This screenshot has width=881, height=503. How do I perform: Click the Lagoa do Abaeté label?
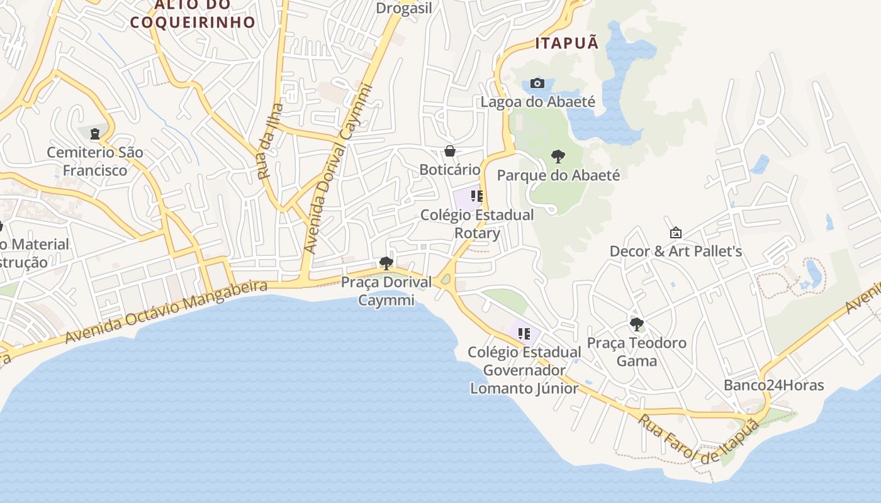click(x=537, y=101)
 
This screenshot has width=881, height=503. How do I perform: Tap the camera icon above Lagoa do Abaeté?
click(x=537, y=83)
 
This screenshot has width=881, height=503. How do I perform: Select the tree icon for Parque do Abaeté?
click(x=558, y=157)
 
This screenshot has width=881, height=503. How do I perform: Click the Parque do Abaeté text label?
click(x=558, y=175)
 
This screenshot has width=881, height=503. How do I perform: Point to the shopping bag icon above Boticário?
click(x=449, y=151)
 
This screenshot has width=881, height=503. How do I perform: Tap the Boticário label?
click(x=449, y=170)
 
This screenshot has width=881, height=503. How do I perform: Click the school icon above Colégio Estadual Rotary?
click(x=476, y=196)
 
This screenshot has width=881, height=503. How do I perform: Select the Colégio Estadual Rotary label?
click(x=477, y=224)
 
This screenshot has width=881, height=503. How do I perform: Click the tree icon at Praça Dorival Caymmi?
click(x=386, y=263)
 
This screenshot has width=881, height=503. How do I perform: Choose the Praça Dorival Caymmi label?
click(x=386, y=291)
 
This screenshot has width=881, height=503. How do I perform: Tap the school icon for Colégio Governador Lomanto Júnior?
click(x=524, y=333)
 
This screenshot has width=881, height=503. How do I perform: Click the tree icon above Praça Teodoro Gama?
click(x=636, y=324)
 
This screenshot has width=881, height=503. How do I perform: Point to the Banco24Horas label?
click(x=773, y=385)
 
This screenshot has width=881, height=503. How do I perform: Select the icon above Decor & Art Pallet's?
click(x=675, y=233)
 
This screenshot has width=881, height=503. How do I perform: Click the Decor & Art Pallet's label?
click(x=676, y=251)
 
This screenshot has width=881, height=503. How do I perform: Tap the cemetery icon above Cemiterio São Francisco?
click(x=95, y=133)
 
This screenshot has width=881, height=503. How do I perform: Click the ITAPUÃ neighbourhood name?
click(x=566, y=43)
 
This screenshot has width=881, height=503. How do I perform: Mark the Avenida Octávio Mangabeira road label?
click(x=167, y=312)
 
